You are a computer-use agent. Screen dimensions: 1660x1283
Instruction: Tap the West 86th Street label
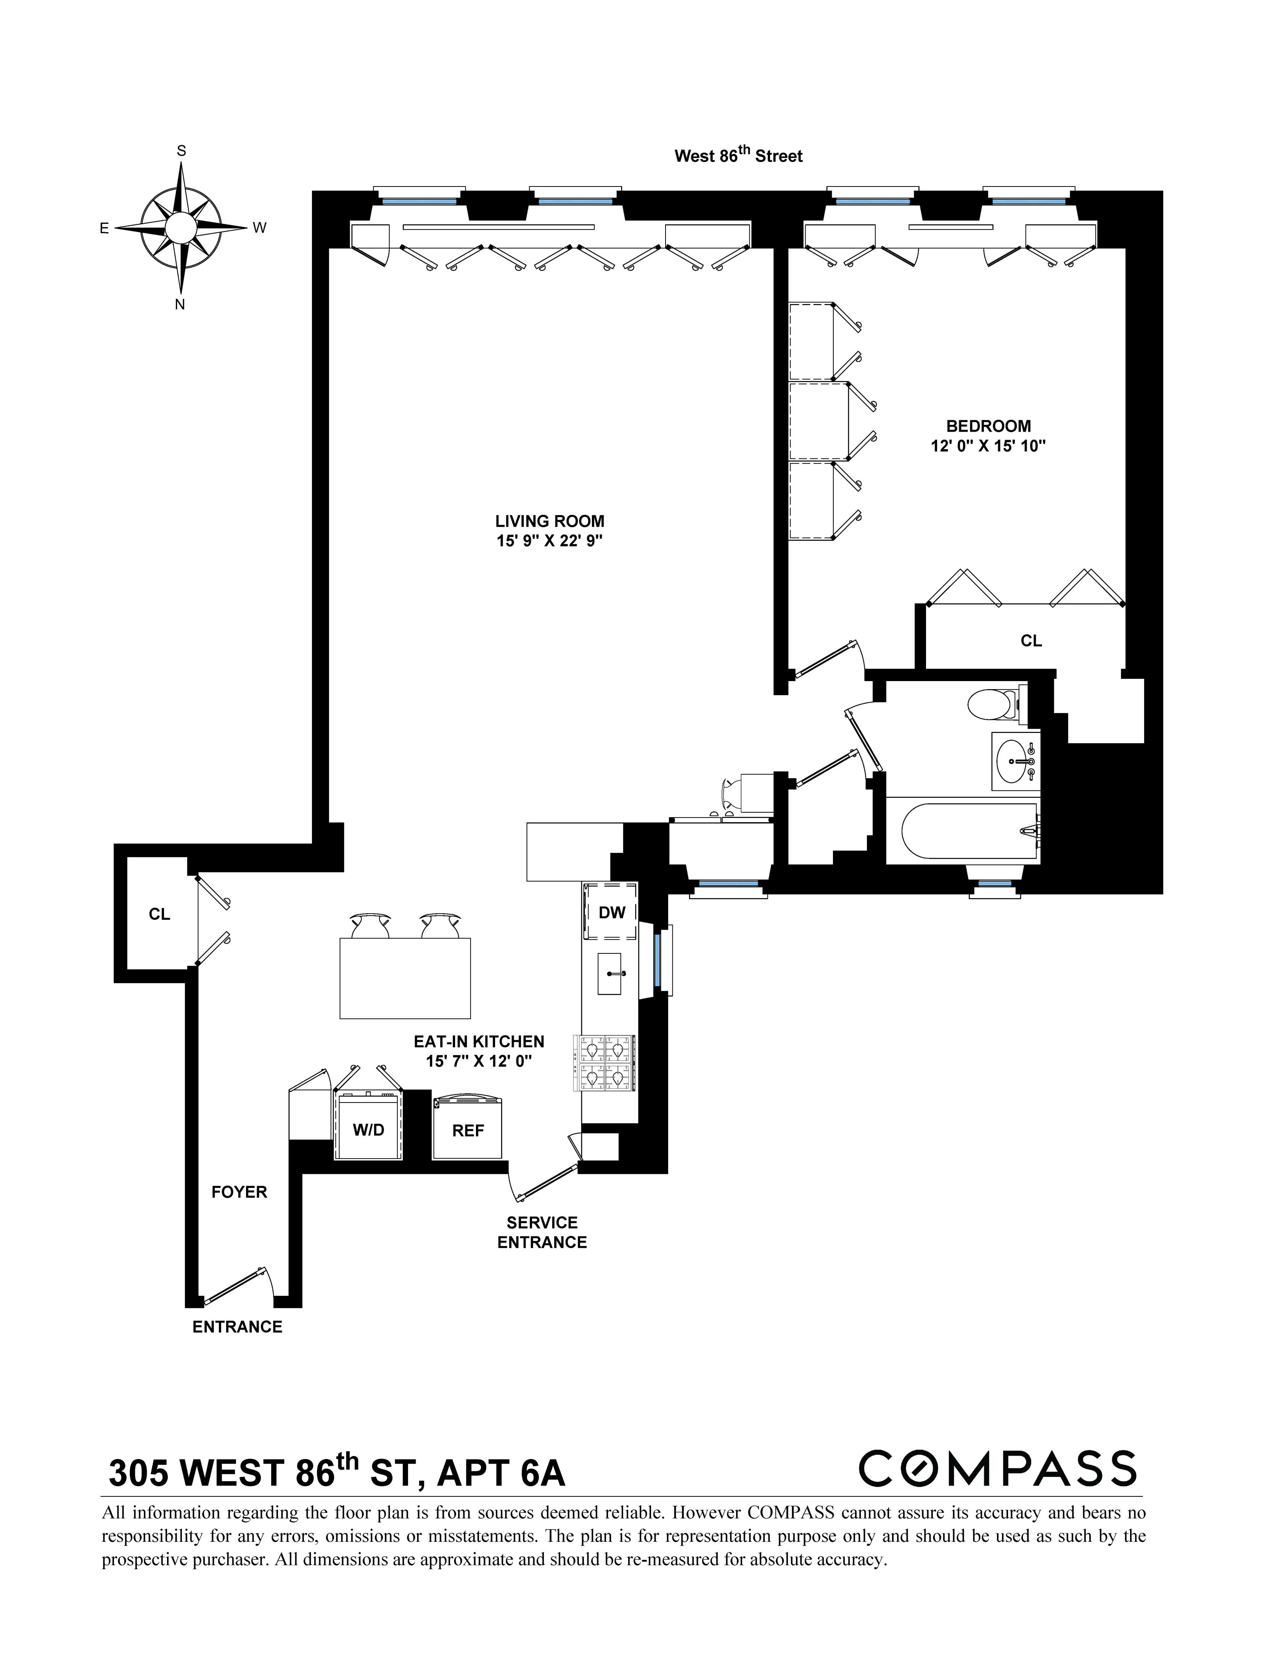click(738, 156)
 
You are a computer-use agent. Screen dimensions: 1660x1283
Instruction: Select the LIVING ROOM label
click(550, 521)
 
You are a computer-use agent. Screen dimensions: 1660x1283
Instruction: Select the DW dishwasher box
click(611, 912)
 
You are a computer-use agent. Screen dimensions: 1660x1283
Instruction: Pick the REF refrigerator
click(468, 1130)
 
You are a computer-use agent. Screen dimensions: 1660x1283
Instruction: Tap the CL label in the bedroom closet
click(1031, 641)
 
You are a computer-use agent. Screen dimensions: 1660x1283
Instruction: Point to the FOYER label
click(240, 1192)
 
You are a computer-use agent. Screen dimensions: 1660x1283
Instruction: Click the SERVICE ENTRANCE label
click(542, 1232)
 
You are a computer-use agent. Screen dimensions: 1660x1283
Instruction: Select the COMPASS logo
click(997, 1469)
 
